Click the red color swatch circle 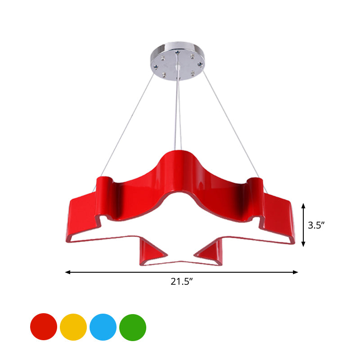pyautogui.click(x=44, y=327)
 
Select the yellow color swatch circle pyautogui.click(x=73, y=327)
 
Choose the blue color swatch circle pyautogui.click(x=103, y=327)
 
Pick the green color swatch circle pyautogui.click(x=133, y=327)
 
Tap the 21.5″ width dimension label pyautogui.click(x=181, y=282)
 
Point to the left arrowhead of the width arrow pyautogui.click(x=67, y=272)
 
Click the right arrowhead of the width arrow pyautogui.click(x=296, y=272)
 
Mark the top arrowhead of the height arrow pyautogui.click(x=304, y=206)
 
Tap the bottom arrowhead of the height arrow pyautogui.click(x=304, y=244)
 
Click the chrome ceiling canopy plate pyautogui.click(x=179, y=63)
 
